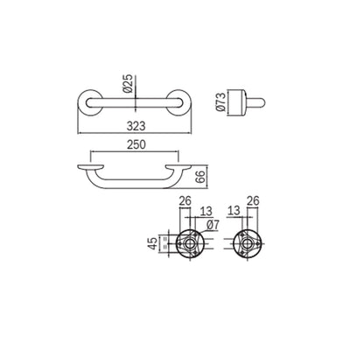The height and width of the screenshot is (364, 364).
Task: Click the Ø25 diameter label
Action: click(128, 83)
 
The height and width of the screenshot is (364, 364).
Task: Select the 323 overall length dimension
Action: click(136, 126)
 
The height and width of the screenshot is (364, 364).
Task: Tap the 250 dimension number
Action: click(136, 144)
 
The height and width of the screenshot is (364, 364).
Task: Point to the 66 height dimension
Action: click(200, 177)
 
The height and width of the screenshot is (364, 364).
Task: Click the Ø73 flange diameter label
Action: click(221, 101)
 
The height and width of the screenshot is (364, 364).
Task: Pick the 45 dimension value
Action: click(152, 243)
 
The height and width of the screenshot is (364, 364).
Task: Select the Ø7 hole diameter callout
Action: click(213, 226)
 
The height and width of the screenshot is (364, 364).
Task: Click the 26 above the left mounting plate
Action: click(185, 201)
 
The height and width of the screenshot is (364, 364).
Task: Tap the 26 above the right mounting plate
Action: click(253, 201)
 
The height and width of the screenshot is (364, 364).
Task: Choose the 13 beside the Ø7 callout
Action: click(206, 212)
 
